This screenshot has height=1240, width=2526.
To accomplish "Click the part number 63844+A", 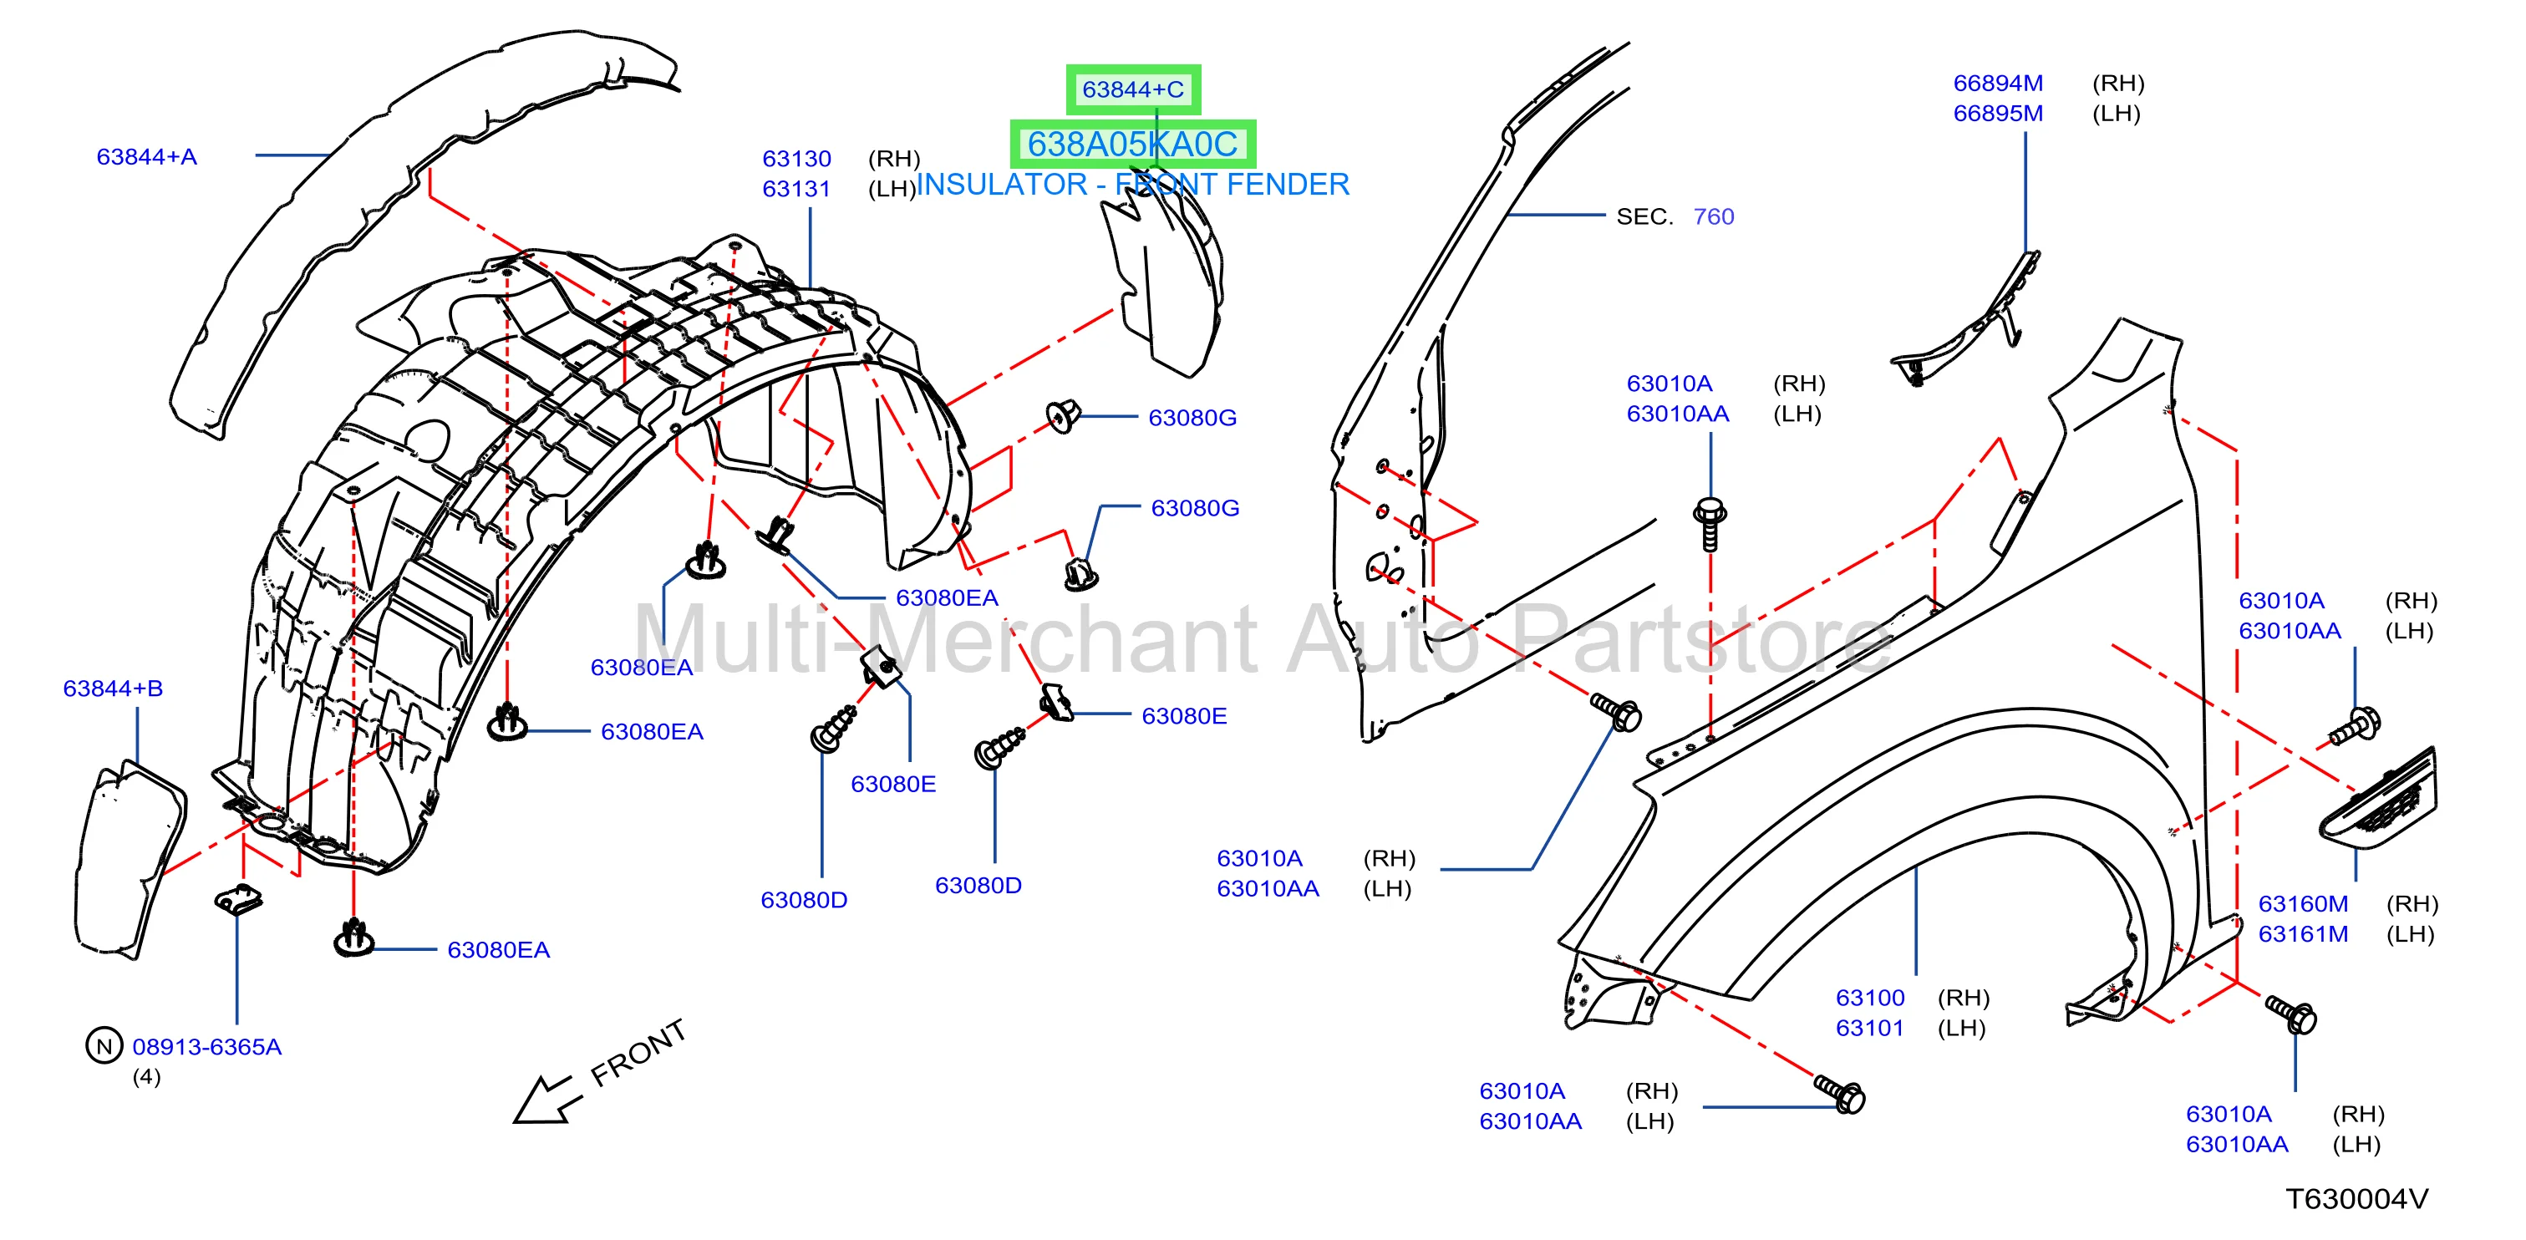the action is coord(146,157).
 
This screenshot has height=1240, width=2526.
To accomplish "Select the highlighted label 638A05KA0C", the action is coord(1132,144).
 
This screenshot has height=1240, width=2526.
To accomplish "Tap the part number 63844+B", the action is coord(113,689).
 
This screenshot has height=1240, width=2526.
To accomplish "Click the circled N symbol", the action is coord(104,1046).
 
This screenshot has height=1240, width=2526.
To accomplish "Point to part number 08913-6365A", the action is coord(207,1047).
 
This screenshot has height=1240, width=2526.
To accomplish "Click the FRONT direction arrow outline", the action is coord(546,1099).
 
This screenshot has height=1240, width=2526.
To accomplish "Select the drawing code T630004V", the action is coord(2356,1199).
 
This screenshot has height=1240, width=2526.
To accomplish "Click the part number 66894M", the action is coord(1997,84).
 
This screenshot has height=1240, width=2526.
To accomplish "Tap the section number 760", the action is coord(1713,216).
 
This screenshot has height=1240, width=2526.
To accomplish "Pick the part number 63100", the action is coord(1870,998).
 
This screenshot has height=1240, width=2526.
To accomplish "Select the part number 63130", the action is coord(796,159).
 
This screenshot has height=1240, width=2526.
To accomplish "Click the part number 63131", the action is coord(796,189).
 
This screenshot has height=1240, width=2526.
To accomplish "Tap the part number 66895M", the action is coord(1997,114).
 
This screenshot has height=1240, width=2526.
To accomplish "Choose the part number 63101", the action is coord(1870,1029).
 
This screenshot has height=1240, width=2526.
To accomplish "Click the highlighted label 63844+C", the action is coord(1132,89).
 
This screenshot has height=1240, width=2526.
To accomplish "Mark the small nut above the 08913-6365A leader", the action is coord(238,898).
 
